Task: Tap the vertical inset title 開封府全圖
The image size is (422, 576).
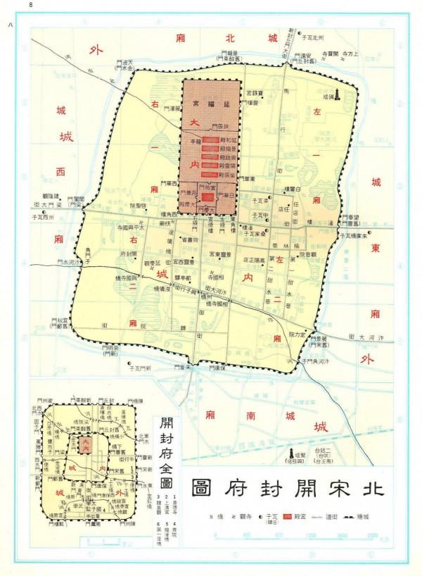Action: [x=166, y=453]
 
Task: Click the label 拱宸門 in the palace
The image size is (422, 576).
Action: [x=222, y=126]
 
